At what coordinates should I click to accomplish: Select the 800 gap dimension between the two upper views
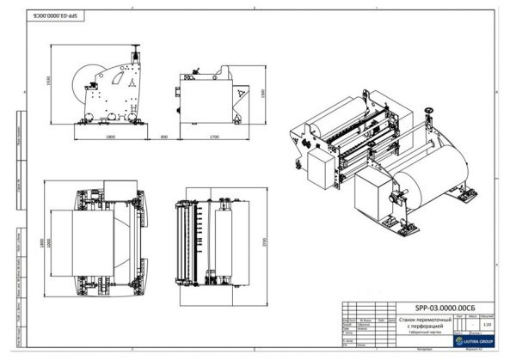coord(163,136)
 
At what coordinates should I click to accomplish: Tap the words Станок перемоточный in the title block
coord(418,318)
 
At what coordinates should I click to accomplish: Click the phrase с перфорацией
coord(418,326)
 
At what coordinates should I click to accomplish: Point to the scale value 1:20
coord(487,323)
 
